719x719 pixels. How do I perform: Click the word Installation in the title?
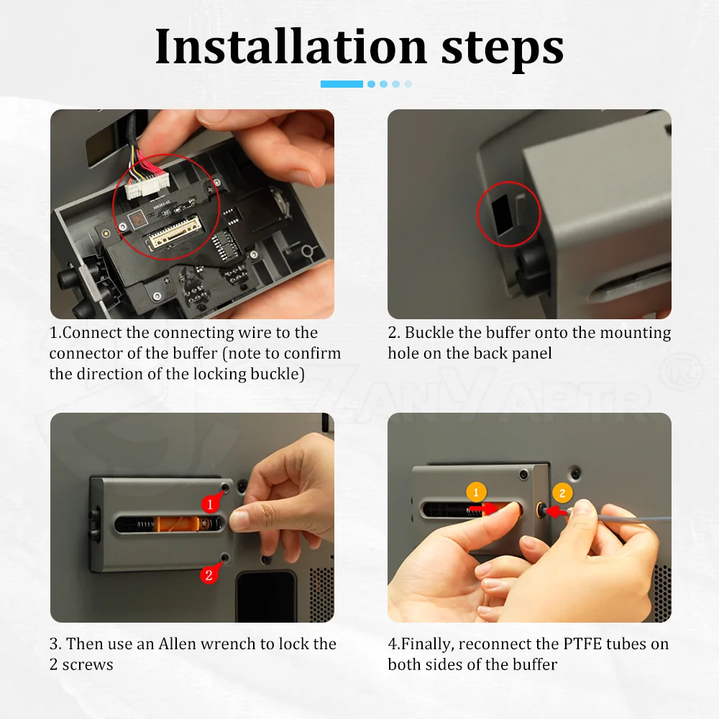coord(291,46)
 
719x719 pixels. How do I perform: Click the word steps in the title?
coord(502,50)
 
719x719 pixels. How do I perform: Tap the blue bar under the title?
coord(342,84)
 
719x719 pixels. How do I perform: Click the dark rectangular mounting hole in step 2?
coord(503,214)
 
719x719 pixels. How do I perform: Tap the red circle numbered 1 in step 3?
coord(210,505)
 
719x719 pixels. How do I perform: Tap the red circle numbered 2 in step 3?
coord(209,575)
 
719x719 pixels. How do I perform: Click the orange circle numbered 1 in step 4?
coord(475,493)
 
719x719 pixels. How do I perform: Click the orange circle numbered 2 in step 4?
coord(562,493)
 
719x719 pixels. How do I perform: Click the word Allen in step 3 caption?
coord(178,644)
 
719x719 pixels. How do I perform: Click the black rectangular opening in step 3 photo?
coord(267,595)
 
